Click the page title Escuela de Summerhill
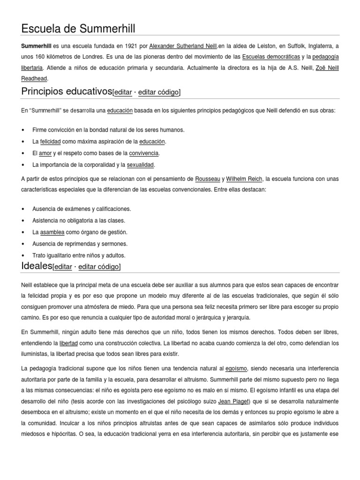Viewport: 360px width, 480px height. (78, 29)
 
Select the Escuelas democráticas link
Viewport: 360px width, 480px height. (270, 57)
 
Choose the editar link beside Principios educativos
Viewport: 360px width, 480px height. (123, 92)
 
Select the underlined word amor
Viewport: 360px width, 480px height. (45, 153)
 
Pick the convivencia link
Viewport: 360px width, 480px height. (146, 153)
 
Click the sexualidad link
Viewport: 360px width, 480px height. (141, 165)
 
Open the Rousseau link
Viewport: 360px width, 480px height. (208, 179)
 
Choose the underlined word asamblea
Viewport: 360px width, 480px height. (52, 232)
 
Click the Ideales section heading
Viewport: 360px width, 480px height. (37, 266)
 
